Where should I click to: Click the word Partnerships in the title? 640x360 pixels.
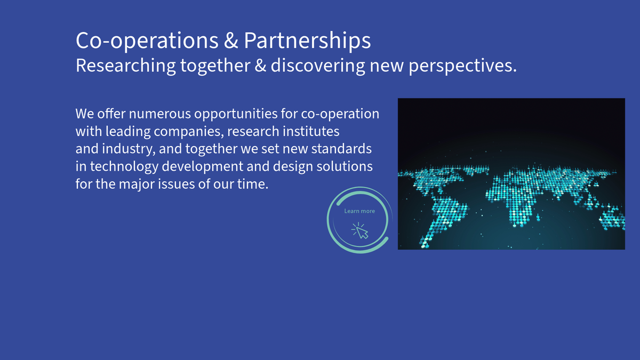pos(307,41)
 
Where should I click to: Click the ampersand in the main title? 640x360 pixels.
pos(231,41)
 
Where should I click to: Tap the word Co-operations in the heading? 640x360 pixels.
pos(147,41)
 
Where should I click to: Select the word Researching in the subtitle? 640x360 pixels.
pos(125,66)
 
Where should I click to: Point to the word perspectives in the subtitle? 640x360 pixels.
pos(462,66)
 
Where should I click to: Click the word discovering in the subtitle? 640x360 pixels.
pos(318,66)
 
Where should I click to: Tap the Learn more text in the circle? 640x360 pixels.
pos(359,211)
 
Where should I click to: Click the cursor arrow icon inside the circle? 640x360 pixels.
pos(361,230)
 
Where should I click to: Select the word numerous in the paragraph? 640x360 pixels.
pos(159,114)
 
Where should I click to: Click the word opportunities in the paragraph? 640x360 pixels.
pos(236,114)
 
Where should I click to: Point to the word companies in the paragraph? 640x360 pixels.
pos(189,132)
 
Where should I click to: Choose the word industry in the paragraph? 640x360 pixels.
pos(129,149)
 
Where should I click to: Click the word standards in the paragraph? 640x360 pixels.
pos(341,149)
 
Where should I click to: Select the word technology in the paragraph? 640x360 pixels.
pos(124,166)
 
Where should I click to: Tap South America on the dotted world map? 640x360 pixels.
pos(444,220)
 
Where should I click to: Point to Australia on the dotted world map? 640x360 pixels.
pos(612,219)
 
